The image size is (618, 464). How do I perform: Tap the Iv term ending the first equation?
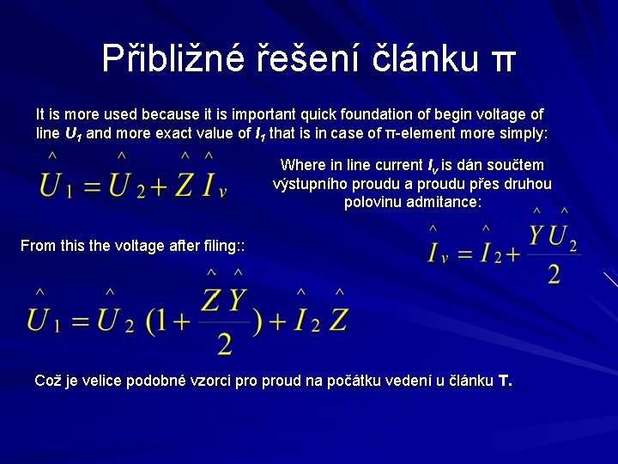coord(213,185)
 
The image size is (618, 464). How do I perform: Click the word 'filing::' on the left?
coord(222,247)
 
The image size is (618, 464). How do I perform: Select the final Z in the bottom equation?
coord(338,320)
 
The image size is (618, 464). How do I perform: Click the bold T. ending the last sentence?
coord(505,381)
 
